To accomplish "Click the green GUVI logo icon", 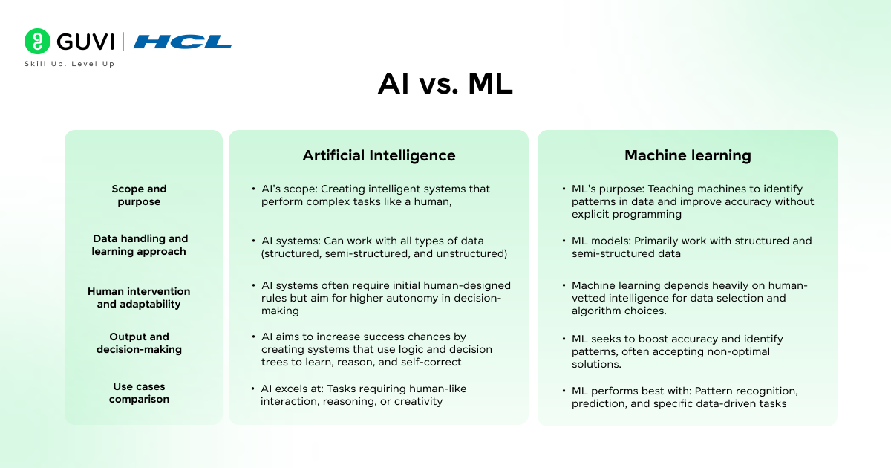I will [37, 42].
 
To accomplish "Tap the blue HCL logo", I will [183, 42].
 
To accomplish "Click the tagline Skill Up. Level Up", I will [70, 64].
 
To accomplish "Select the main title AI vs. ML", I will [445, 84].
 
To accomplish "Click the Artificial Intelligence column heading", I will [379, 155].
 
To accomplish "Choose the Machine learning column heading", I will [688, 155].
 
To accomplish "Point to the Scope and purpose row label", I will [139, 195].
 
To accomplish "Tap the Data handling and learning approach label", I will [140, 245].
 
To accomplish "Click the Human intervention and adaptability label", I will [139, 298].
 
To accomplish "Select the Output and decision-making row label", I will [139, 343].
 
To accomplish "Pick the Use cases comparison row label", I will [139, 393].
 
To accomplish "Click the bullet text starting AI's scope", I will [375, 195].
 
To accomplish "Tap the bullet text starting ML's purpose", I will [692, 201].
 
